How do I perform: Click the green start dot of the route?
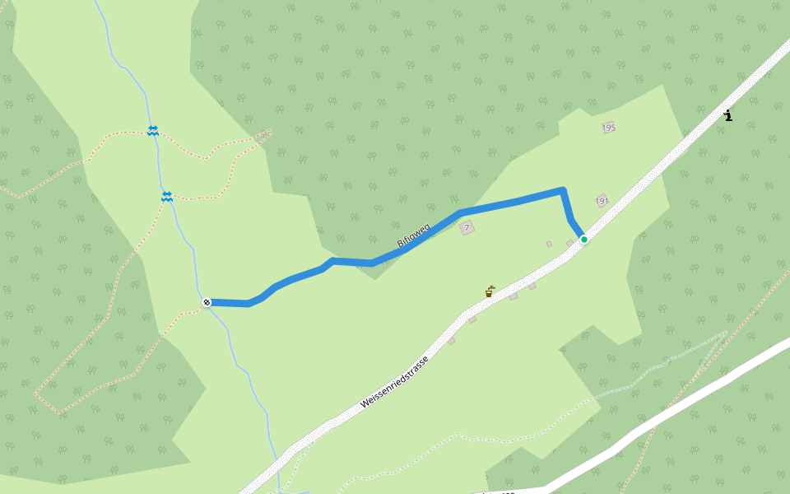tap(584, 240)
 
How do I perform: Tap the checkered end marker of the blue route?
tap(207, 302)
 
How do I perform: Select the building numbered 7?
tap(467, 228)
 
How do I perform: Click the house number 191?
tap(602, 201)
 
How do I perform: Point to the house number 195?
tap(609, 128)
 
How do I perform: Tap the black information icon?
tap(727, 116)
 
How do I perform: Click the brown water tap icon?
tap(489, 291)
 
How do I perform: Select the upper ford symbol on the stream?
tap(153, 130)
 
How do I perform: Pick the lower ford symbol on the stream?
tap(166, 196)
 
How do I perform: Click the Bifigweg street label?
tap(413, 235)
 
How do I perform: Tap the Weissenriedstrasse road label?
tap(394, 382)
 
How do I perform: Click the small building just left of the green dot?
tap(569, 243)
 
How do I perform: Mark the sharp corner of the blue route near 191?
tap(562, 191)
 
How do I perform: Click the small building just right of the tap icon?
tap(513, 296)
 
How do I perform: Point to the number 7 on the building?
tap(467, 228)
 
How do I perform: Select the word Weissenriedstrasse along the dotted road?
tap(394, 382)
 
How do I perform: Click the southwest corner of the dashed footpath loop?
tap(35, 394)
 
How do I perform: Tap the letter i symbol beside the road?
tap(727, 116)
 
